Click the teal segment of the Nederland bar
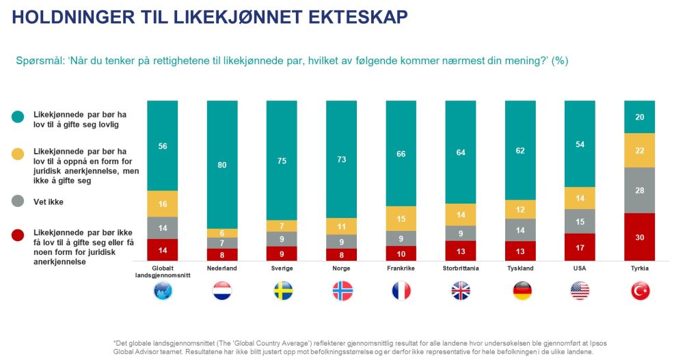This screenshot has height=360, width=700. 222,164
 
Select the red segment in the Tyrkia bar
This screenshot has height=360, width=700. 639,236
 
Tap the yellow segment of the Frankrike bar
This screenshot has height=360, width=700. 401,218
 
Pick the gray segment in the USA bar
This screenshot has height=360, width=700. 580,221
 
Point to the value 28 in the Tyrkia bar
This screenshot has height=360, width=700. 639,191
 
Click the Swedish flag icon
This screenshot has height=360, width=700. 282,291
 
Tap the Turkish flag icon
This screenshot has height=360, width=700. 639,291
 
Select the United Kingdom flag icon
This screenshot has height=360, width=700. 461,291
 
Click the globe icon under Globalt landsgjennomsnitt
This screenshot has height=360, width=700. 163,291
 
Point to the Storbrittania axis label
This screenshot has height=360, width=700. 461,268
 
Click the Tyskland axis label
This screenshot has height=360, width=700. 520,268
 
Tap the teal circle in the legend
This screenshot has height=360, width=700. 18,117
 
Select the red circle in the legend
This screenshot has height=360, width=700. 18,235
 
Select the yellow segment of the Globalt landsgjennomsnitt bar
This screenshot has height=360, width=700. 163,204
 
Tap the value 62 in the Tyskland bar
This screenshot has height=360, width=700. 520,151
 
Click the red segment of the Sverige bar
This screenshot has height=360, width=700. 282,253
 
